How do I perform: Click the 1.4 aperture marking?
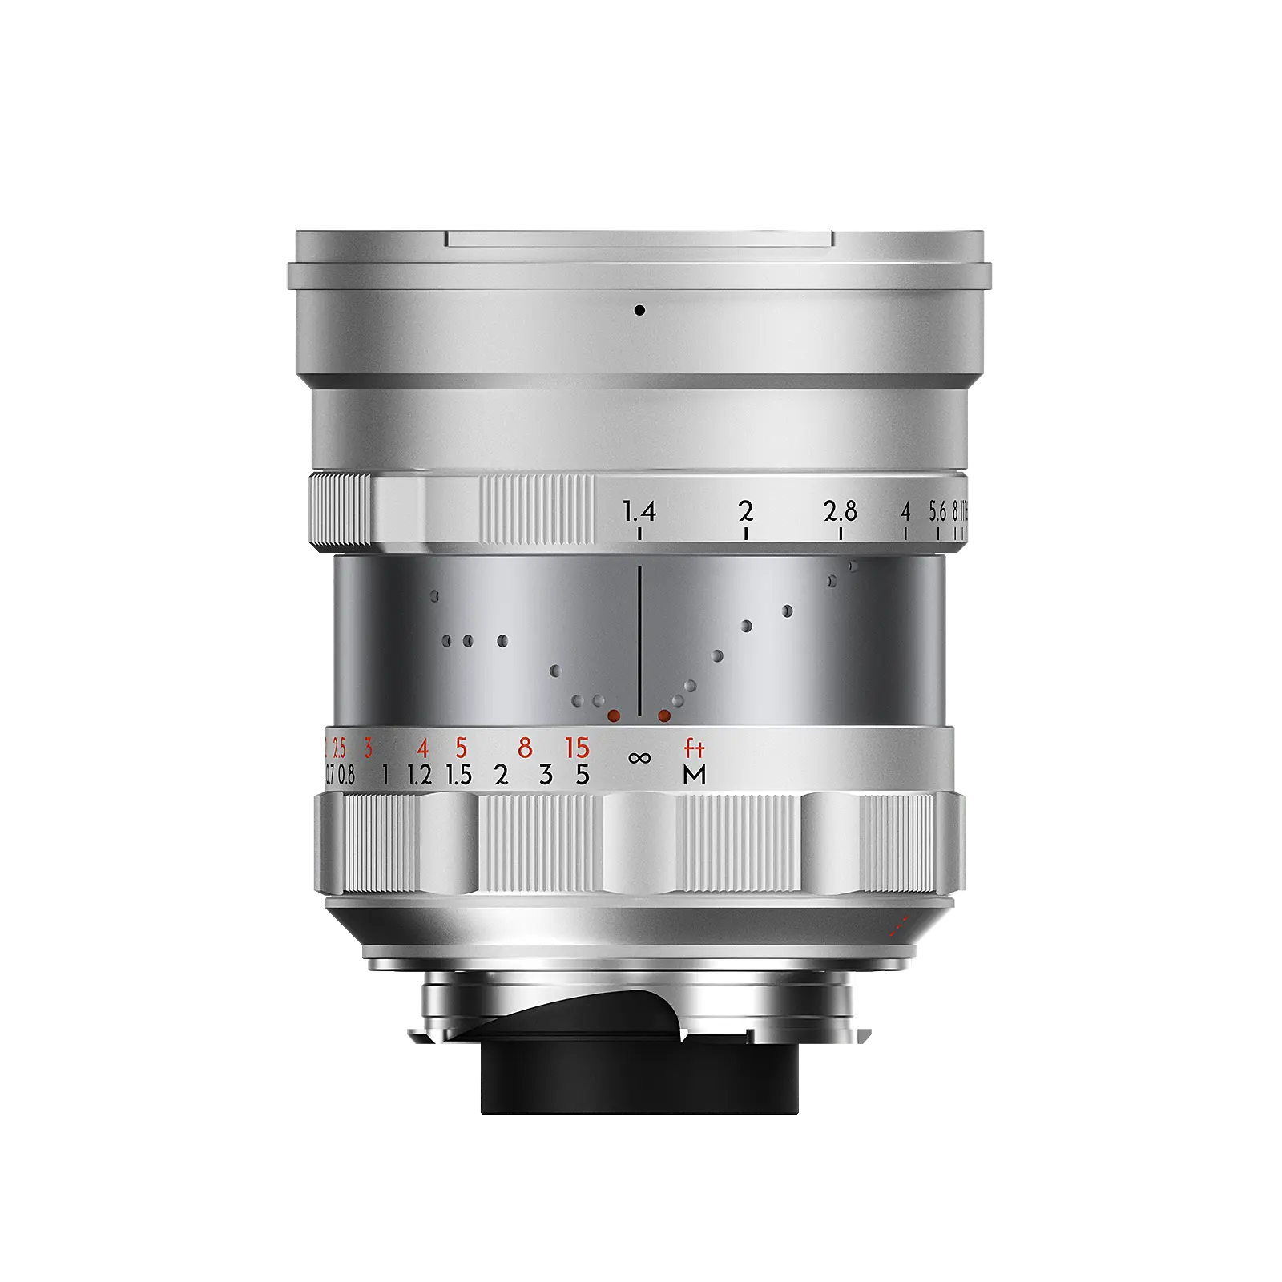pyautogui.click(x=639, y=510)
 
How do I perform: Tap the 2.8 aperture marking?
pyautogui.click(x=840, y=510)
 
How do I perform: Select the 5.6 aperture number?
pyautogui.click(x=937, y=511)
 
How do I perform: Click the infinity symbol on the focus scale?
pyautogui.click(x=639, y=757)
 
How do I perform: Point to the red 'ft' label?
pyautogui.click(x=694, y=748)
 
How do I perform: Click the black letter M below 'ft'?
pyautogui.click(x=694, y=775)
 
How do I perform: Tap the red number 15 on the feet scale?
pyautogui.click(x=577, y=748)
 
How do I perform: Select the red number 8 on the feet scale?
pyautogui.click(x=525, y=748)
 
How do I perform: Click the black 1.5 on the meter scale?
pyautogui.click(x=459, y=775)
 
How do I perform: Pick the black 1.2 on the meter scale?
pyautogui.click(x=419, y=775)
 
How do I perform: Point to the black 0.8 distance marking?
pyautogui.click(x=346, y=775)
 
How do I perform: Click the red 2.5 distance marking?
pyautogui.click(x=339, y=748)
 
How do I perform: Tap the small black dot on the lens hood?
pyautogui.click(x=639, y=310)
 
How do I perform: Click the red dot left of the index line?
pyautogui.click(x=615, y=715)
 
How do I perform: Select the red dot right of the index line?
pyautogui.click(x=664, y=715)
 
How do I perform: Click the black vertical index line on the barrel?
pyautogui.click(x=639, y=641)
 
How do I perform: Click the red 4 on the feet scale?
pyautogui.click(x=422, y=748)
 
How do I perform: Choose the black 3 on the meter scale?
pyautogui.click(x=546, y=775)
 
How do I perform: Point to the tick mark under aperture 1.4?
pyautogui.click(x=639, y=533)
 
